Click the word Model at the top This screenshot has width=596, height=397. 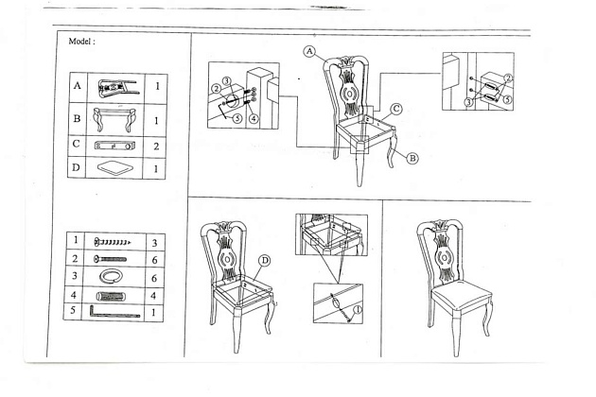[81, 43]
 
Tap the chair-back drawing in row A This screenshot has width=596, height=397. [115, 86]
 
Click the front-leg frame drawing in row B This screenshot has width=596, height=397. [115, 120]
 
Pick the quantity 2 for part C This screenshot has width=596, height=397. [154, 147]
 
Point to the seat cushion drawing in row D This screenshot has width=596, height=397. [115, 168]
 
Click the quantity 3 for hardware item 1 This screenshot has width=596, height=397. [154, 243]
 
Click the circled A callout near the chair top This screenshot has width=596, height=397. [309, 51]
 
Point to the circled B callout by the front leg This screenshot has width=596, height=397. [412, 159]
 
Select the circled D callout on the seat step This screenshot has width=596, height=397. [265, 260]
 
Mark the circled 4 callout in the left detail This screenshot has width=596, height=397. [254, 119]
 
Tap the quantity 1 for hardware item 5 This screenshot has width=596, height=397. [154, 311]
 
